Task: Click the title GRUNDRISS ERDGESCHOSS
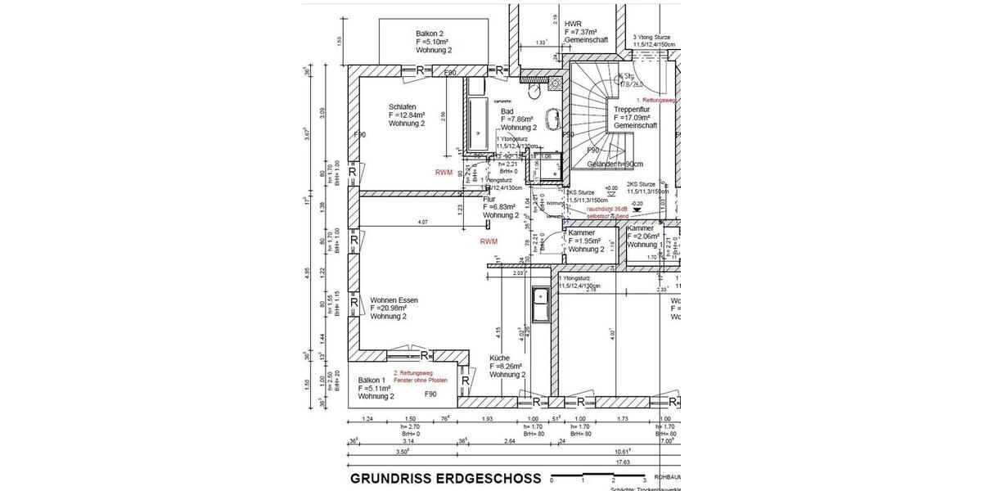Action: click(x=445, y=478)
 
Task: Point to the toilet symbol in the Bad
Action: click(x=555, y=82)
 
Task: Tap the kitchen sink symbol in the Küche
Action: click(x=542, y=306)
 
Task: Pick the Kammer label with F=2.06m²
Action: click(x=645, y=236)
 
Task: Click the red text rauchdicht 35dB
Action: click(x=607, y=209)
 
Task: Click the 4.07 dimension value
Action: click(x=423, y=222)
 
